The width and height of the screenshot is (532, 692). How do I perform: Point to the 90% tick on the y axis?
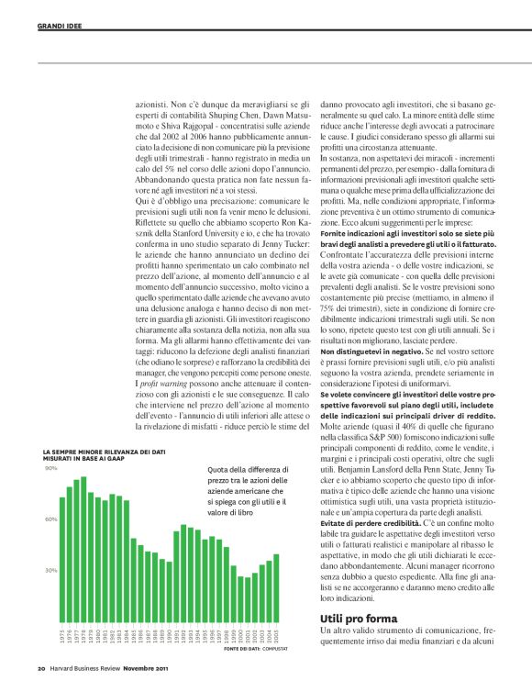pyautogui.click(x=51, y=470)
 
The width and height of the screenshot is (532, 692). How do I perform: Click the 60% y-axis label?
pyautogui.click(x=51, y=519)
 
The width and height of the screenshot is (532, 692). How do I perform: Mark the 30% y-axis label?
pyautogui.click(x=51, y=570)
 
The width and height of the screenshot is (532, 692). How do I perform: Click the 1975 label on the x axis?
pyautogui.click(x=62, y=635)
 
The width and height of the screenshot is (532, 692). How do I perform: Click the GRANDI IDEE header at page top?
pyautogui.click(x=61, y=27)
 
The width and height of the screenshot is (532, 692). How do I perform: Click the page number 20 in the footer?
pyautogui.click(x=41, y=667)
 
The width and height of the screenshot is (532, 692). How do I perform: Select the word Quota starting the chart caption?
pyautogui.click(x=220, y=470)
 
